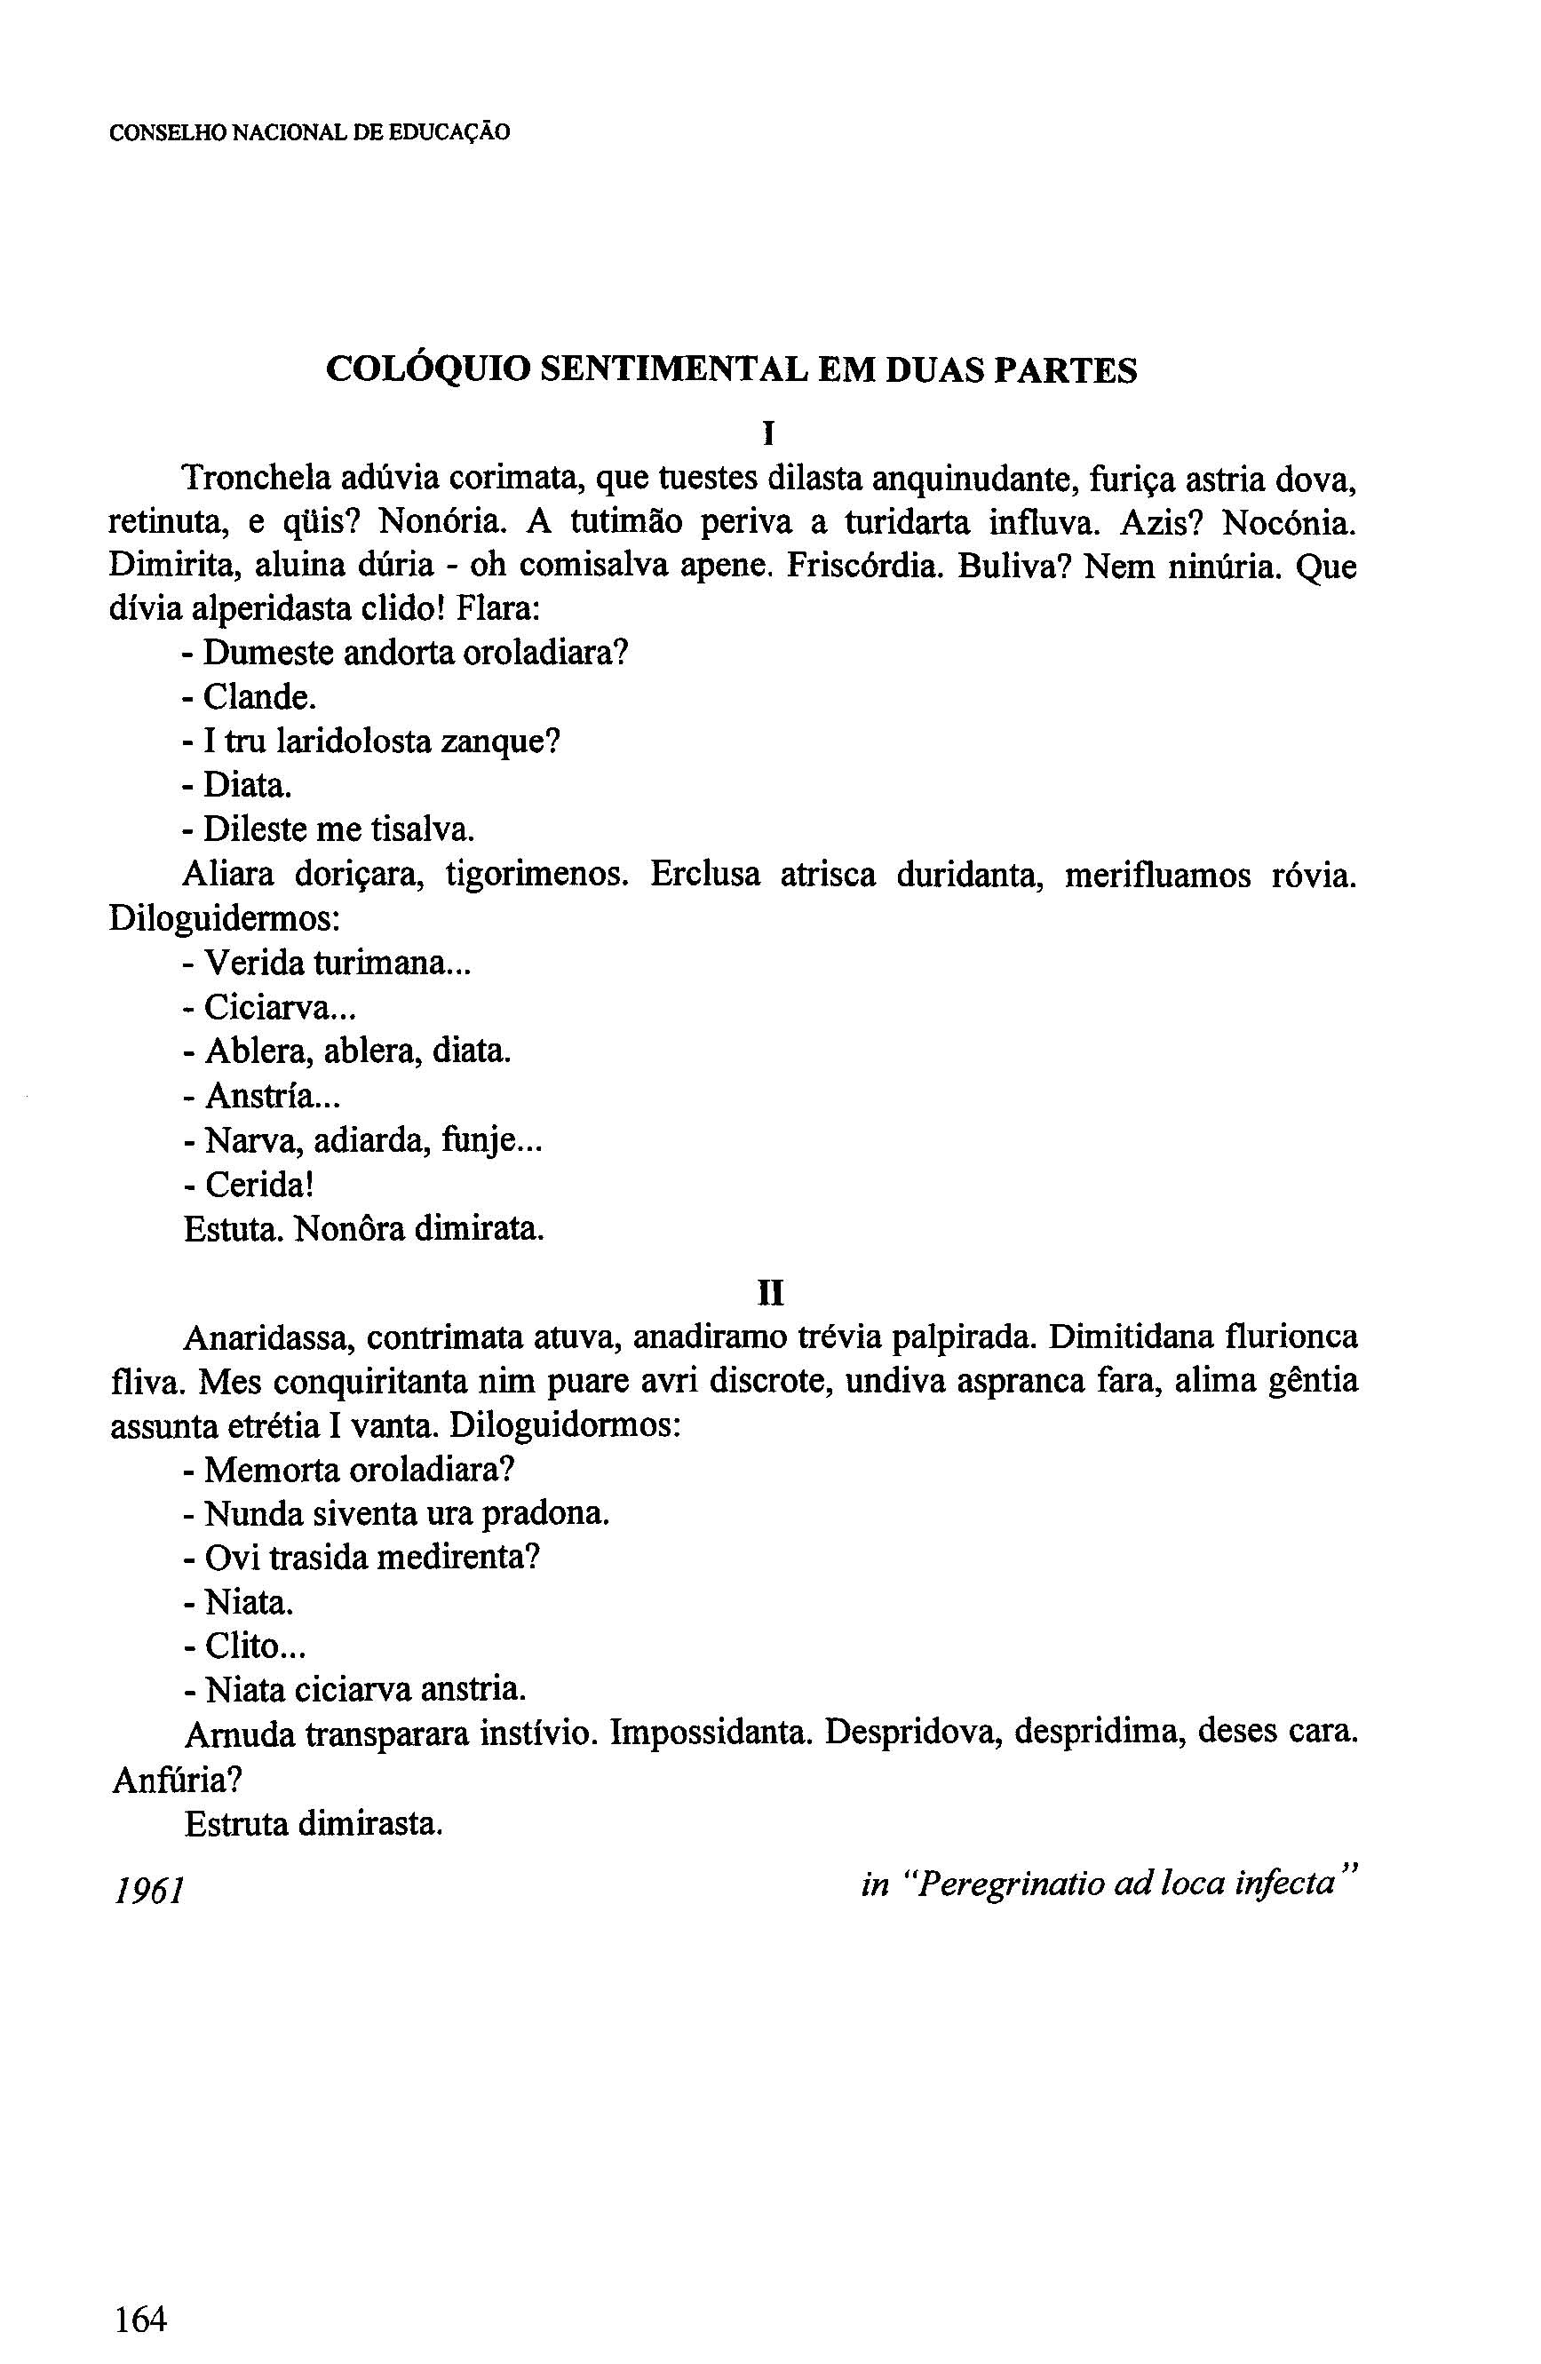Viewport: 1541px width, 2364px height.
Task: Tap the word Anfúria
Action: point(176,1779)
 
